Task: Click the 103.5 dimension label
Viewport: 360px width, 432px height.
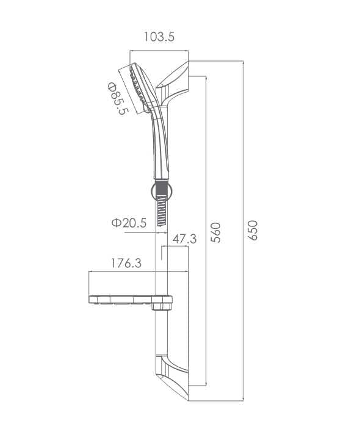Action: pyautogui.click(x=159, y=37)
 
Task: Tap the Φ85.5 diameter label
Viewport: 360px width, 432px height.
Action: pyautogui.click(x=118, y=98)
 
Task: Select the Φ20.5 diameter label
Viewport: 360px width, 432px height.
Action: pyautogui.click(x=129, y=223)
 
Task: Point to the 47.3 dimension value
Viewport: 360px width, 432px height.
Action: pyautogui.click(x=184, y=239)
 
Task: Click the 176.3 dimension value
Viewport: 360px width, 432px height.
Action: pyautogui.click(x=126, y=263)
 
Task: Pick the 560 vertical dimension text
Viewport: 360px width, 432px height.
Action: pyautogui.click(x=215, y=232)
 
